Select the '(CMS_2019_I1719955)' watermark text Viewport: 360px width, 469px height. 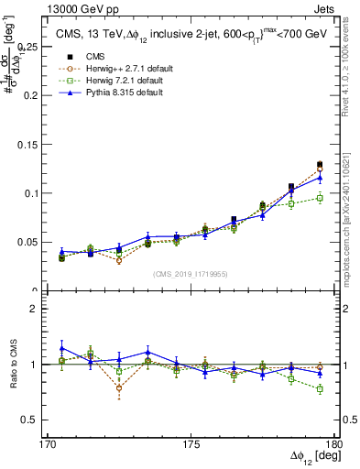click(191, 273)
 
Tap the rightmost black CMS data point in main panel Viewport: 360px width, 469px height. click(320, 165)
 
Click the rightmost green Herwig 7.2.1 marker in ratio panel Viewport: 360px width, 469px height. click(320, 389)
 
